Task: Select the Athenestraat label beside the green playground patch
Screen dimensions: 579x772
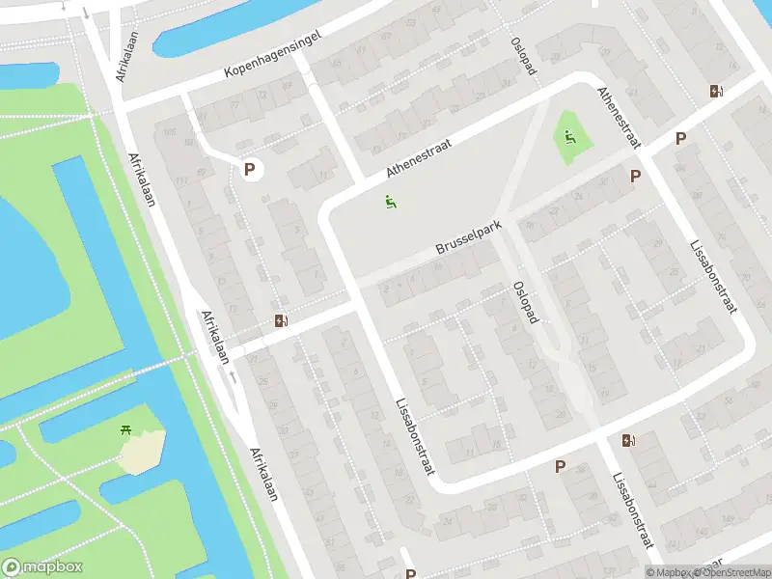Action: pos(618,118)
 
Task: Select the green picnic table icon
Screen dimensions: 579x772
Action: pos(126,430)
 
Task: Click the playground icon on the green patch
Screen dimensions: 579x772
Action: pos(569,137)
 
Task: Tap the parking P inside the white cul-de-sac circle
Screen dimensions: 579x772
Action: pos(250,170)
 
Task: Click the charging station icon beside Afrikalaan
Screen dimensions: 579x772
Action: pos(281,320)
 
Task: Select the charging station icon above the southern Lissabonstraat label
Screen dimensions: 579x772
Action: pos(629,441)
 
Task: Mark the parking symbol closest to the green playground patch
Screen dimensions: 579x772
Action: pos(635,177)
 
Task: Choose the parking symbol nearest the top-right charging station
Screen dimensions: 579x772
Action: pos(680,139)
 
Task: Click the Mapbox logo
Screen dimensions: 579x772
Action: pos(41,567)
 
